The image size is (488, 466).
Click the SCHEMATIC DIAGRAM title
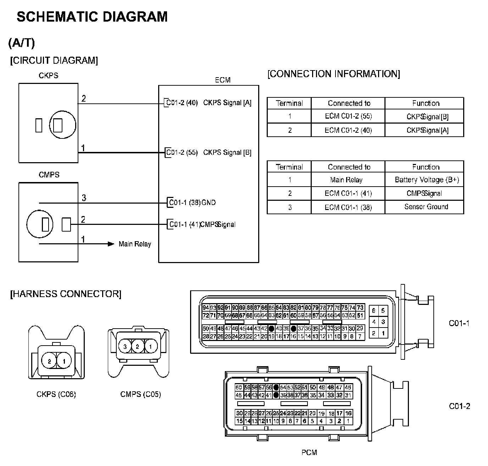92,17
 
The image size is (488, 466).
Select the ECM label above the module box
223,80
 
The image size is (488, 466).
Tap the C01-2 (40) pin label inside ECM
182,103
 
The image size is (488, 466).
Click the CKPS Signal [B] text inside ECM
227,153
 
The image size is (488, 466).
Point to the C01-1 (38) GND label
192,203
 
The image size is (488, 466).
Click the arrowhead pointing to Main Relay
111,244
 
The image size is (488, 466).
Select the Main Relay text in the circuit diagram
135,244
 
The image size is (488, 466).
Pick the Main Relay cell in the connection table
346,180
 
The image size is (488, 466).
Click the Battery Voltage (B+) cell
427,180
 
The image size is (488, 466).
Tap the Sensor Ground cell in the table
426,207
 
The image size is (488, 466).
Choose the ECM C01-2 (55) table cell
348,116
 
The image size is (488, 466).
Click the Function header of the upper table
426,103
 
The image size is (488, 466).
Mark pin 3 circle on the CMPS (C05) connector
125,347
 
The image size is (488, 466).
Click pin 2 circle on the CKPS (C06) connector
49,362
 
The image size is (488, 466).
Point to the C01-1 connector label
459,323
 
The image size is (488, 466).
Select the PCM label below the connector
309,452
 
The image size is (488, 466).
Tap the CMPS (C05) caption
140,394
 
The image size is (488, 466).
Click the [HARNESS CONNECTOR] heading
66,294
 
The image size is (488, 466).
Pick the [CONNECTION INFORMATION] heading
334,74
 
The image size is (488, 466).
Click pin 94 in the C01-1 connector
206,308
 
